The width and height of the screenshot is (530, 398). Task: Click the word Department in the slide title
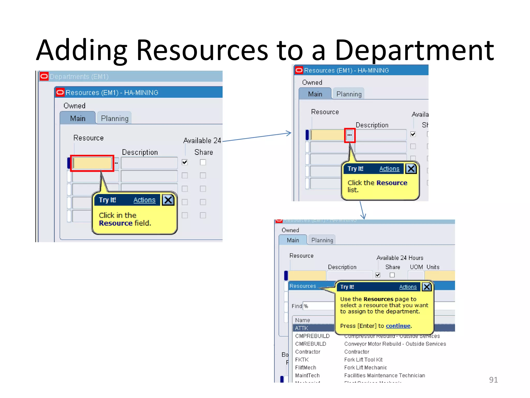(414, 51)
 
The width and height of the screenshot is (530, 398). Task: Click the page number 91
(493, 380)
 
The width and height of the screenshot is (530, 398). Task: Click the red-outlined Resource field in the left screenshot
(92, 163)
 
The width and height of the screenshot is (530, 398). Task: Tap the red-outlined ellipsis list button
(350, 135)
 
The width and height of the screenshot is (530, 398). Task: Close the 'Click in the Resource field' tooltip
(168, 200)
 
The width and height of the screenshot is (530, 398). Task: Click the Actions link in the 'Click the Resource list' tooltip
(389, 169)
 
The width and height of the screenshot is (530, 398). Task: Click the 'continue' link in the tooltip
(398, 326)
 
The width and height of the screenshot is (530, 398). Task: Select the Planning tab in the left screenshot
(115, 118)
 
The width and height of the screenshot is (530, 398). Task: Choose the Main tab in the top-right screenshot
(315, 94)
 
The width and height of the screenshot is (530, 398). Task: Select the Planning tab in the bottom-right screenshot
(322, 240)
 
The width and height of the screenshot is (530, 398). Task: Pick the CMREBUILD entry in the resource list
(311, 344)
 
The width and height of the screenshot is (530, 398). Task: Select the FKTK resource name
(302, 360)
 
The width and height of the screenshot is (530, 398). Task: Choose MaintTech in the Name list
(307, 375)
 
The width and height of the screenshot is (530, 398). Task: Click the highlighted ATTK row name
(301, 328)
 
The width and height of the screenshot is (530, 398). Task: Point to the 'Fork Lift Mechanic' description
(365, 367)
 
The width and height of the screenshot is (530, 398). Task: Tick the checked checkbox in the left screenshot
(185, 162)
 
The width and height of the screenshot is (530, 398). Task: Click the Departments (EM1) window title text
(79, 77)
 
